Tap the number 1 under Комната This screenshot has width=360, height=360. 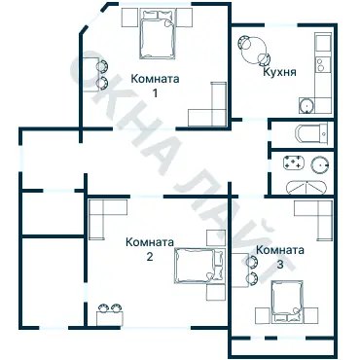tap(154, 93)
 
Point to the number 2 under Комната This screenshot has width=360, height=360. tap(149, 257)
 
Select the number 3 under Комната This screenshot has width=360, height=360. tap(280, 264)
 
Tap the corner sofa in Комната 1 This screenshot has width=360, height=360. tap(212, 106)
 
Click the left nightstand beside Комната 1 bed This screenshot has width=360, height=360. tap(127, 18)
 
